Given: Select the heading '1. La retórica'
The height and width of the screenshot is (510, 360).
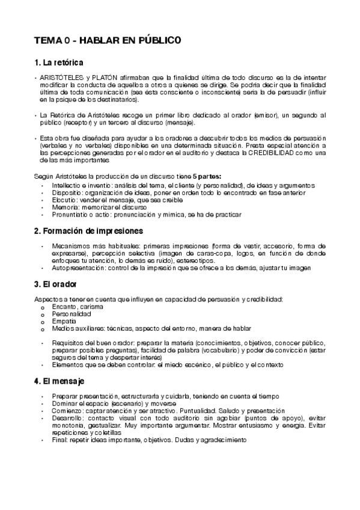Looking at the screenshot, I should click(59, 63).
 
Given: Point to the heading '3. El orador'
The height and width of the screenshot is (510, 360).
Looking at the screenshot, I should click(56, 284).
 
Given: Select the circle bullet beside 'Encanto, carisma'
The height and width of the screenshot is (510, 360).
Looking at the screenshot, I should click(42, 307).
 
